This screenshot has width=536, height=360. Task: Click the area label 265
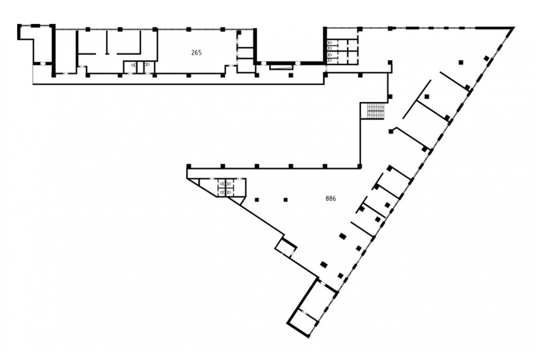196,52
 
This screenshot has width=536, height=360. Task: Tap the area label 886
331,198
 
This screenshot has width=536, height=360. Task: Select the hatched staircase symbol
376,111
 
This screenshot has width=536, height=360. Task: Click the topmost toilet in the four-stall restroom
330,43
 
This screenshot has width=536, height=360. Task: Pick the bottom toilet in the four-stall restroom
330,60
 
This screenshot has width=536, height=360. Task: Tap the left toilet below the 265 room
133,65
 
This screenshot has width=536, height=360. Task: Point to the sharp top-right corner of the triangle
513,27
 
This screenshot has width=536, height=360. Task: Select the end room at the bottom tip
304,322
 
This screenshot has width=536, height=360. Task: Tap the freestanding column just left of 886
286,200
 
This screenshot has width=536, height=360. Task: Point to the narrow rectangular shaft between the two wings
281,66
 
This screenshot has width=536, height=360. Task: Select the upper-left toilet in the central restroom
222,184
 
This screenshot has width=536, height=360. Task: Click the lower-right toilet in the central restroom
228,193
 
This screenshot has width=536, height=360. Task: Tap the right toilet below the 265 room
147,65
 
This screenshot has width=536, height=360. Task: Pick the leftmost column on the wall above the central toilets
189,167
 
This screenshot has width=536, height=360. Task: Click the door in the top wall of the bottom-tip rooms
322,283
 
